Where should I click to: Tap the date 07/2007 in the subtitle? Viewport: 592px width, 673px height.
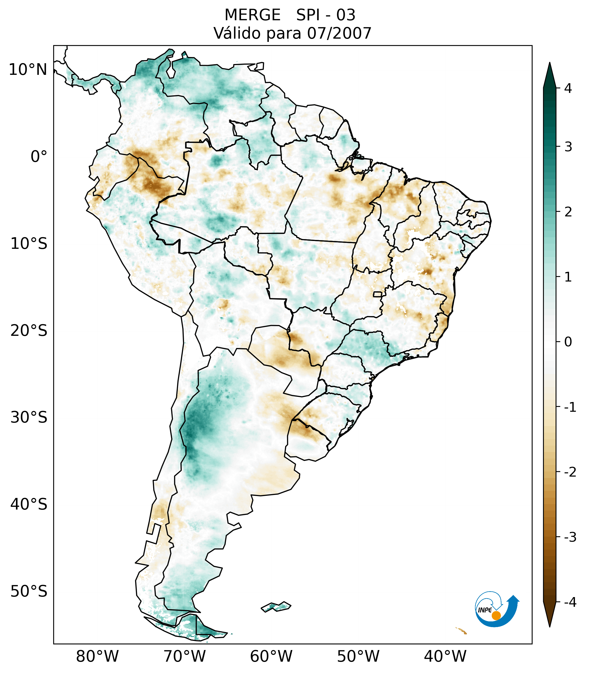339,33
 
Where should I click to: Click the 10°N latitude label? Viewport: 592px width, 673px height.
28,70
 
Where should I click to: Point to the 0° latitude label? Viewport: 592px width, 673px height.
39,156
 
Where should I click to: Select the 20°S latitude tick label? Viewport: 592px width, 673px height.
29,330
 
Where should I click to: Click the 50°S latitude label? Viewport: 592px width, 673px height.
29,591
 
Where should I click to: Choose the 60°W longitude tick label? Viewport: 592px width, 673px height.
271,656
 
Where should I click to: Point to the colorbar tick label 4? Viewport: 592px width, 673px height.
568,88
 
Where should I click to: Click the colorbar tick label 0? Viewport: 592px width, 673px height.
568,342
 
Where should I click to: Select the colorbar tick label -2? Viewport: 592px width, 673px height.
570,472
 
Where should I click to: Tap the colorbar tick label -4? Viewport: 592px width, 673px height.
570,602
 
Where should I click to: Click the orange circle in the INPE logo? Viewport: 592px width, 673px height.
496,615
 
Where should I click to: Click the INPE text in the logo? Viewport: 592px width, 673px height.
485,610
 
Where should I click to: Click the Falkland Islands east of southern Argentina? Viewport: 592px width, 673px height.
276,606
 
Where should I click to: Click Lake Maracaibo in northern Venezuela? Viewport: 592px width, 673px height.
170,71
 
